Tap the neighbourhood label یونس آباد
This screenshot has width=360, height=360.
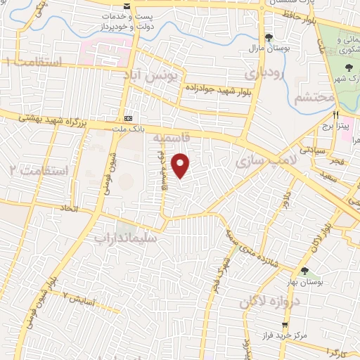(159, 75)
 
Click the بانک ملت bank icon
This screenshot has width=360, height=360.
(128, 118)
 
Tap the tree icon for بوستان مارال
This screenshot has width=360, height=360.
(269, 37)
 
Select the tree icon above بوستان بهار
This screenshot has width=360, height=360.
(304, 271)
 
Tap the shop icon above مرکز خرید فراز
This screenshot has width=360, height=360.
(285, 326)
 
